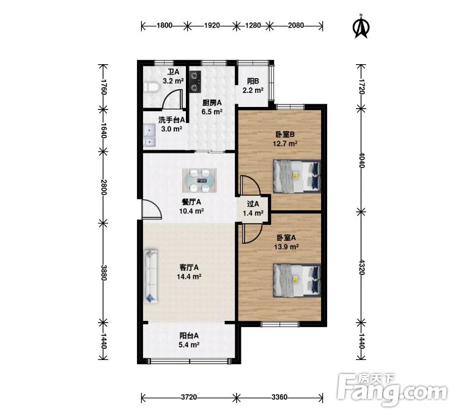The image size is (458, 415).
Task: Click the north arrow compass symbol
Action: (361, 26)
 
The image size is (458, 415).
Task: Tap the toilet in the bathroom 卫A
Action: (151, 87)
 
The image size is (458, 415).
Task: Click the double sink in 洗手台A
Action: (150, 135)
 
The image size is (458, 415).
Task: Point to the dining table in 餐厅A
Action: (199, 180)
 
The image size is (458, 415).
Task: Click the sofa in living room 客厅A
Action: (151, 276)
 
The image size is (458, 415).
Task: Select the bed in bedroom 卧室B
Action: (297, 176)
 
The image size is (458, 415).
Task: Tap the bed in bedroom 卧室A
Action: (297, 281)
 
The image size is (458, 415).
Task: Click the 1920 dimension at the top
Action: (212, 26)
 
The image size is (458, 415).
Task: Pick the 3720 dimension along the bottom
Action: (189, 397)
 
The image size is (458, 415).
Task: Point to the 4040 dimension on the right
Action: (361, 160)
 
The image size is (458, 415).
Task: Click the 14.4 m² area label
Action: (189, 276)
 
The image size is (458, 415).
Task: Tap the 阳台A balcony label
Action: (189, 336)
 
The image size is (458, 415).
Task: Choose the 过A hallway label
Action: (253, 204)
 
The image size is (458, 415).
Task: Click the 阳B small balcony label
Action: (253, 81)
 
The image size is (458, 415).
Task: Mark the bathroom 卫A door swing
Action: (172, 99)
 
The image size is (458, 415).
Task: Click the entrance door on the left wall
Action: (152, 208)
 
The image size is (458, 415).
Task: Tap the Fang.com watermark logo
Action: (392, 387)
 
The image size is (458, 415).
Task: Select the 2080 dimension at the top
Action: (296, 26)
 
